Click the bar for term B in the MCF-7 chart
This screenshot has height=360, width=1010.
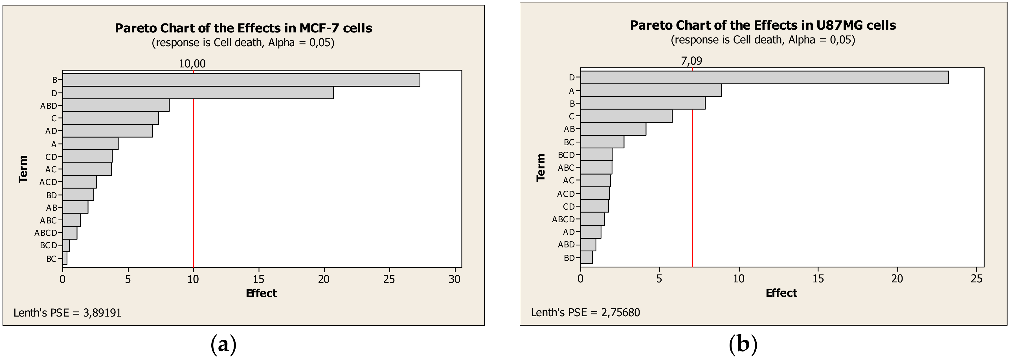[x=241, y=80]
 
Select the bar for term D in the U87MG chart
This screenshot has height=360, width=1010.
[x=764, y=77]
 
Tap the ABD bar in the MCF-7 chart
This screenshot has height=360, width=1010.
[x=116, y=106]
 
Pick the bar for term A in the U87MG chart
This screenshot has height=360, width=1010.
[x=651, y=91]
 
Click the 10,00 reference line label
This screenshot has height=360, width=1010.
[x=192, y=63]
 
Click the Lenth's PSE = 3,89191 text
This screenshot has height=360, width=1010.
[x=67, y=313]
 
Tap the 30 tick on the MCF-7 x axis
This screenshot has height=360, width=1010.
[x=454, y=279]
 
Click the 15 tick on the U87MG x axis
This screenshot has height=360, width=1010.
[x=818, y=278]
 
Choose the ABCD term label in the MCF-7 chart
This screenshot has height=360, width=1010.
[x=46, y=233]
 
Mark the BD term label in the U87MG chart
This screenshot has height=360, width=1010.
[x=569, y=258]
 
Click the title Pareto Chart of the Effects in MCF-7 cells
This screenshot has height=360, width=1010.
[x=243, y=28]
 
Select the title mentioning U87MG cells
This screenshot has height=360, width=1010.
[x=763, y=25]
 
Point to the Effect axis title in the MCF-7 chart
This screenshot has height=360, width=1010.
[x=261, y=293]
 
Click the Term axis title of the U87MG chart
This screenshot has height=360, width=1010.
[x=541, y=168]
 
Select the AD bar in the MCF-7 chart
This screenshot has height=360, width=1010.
[x=107, y=131]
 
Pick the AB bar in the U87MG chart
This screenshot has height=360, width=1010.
[x=613, y=129]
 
